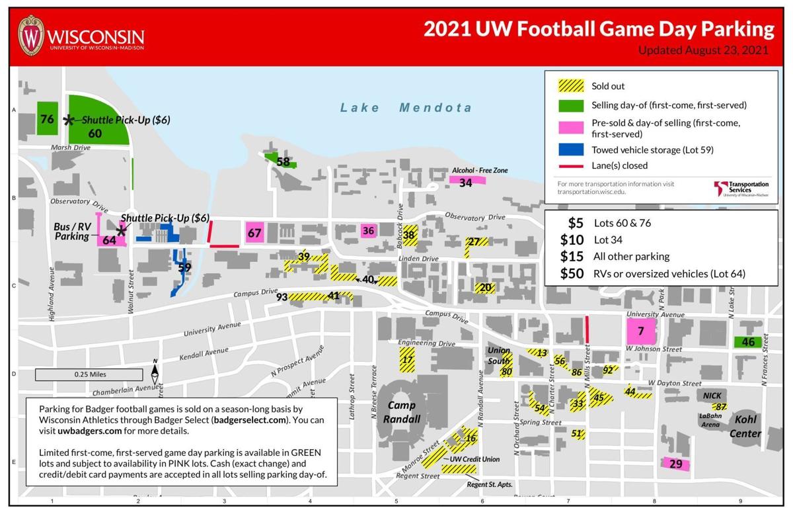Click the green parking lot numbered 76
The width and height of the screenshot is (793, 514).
click(x=47, y=118)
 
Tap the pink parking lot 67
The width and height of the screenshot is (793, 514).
click(x=254, y=233)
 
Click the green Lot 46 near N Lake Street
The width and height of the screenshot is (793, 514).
click(x=747, y=342)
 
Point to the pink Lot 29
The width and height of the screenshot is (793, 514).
click(x=675, y=464)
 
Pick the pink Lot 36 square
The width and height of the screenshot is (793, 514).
click(x=369, y=230)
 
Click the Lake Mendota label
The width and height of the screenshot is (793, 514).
click(x=406, y=108)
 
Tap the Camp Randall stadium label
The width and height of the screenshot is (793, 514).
click(x=404, y=411)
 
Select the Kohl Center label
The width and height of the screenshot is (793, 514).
click(x=745, y=427)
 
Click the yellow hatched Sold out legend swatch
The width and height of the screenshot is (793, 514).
click(x=571, y=86)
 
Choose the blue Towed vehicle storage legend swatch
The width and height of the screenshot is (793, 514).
click(x=571, y=150)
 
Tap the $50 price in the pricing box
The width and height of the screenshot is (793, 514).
click(x=571, y=273)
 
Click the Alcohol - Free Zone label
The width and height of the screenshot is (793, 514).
click(x=479, y=171)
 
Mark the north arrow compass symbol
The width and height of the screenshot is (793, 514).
click(x=156, y=374)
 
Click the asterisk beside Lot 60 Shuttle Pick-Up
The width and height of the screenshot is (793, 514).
click(x=68, y=120)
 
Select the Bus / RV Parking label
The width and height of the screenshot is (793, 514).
click(x=71, y=232)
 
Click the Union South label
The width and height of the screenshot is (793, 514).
click(x=500, y=355)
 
